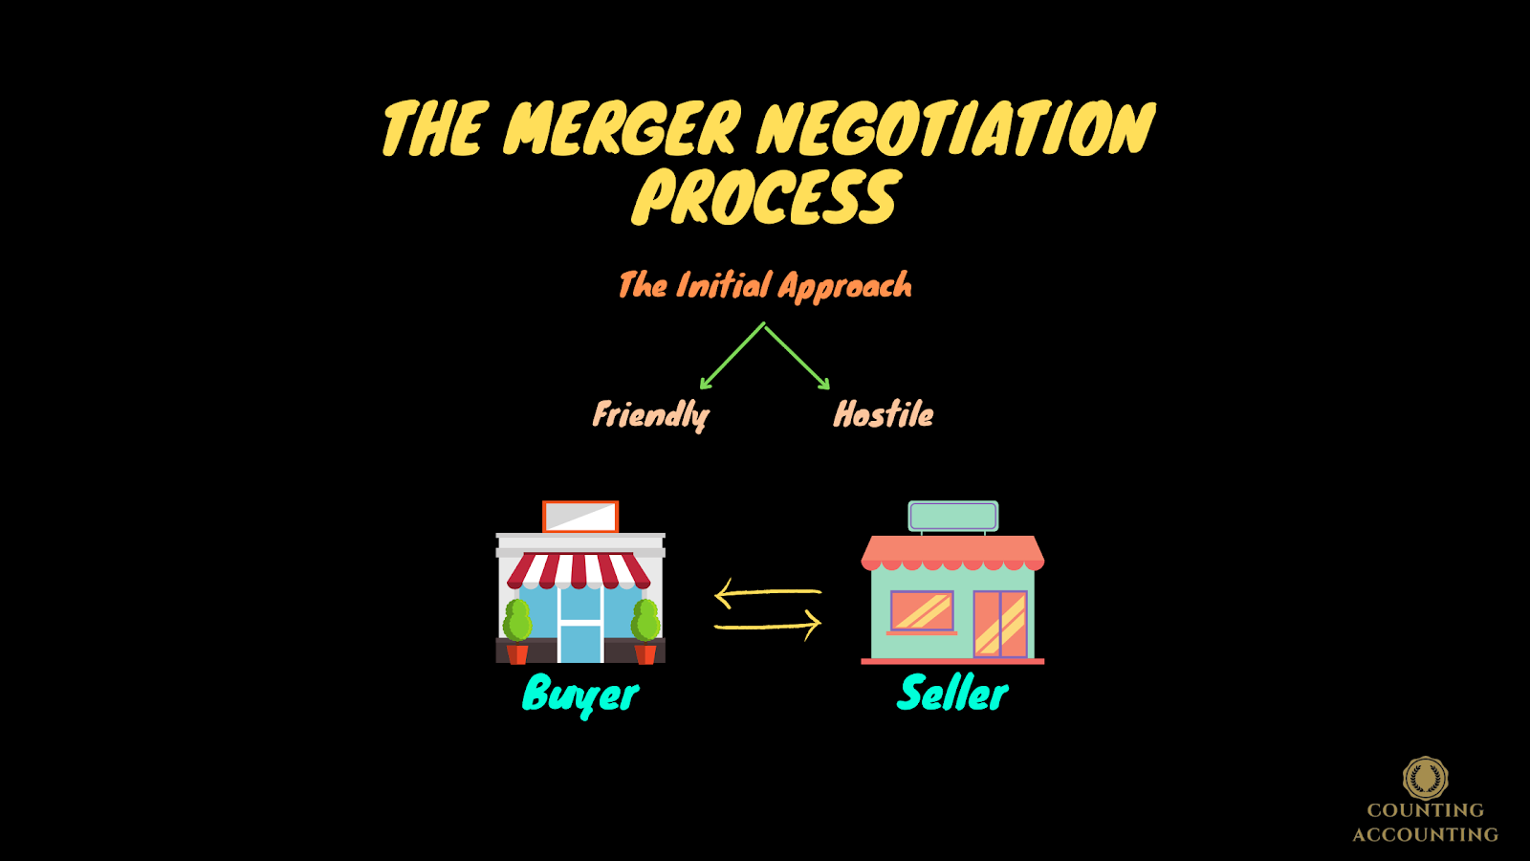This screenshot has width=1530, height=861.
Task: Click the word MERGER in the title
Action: coord(622,129)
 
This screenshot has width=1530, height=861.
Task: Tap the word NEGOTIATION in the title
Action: coord(956,129)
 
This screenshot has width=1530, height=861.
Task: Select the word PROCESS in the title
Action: coord(766,198)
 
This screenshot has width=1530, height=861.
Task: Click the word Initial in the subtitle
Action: coord(723,285)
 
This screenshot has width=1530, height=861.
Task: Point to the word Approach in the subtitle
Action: coord(844,286)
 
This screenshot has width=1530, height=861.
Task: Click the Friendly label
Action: coord(650,415)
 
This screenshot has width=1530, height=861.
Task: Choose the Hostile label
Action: coord(884,414)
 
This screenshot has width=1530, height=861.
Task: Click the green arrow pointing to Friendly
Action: coord(732,356)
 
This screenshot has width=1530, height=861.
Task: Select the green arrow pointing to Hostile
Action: coord(798,356)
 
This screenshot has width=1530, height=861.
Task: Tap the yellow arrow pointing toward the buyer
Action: coord(768,593)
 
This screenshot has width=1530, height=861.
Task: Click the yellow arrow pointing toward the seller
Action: coord(768,626)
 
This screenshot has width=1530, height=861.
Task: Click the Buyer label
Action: coord(580,695)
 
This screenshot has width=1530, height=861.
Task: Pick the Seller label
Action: coord(952,694)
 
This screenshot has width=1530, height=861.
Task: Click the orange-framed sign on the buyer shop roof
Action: coord(580,517)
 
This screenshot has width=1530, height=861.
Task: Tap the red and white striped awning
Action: coord(579,570)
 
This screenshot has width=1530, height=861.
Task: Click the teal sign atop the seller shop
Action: coord(953,516)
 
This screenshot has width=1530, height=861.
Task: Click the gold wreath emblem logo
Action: coord(1425,778)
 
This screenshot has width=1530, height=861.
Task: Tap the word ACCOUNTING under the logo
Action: coord(1425,834)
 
